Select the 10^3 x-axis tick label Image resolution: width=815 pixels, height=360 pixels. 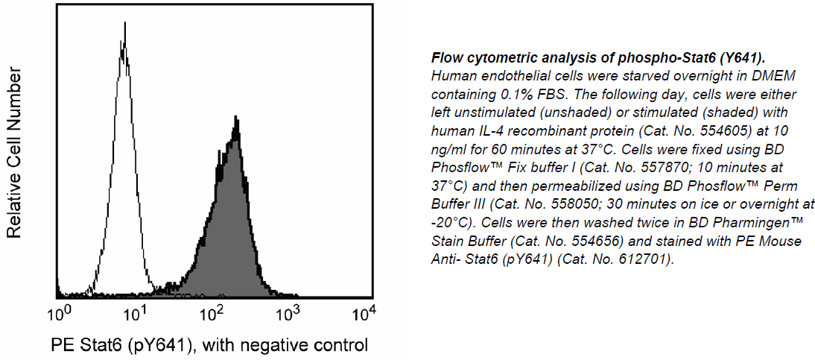291,313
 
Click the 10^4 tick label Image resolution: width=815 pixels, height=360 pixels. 364,313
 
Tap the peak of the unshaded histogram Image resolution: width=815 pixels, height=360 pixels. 124,23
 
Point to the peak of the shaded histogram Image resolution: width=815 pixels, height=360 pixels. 235,118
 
